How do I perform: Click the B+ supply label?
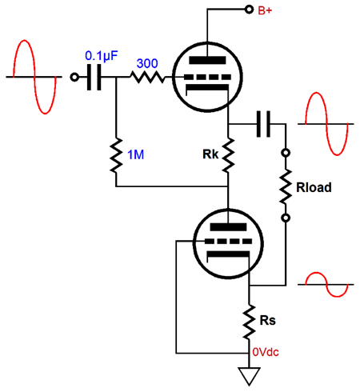265,10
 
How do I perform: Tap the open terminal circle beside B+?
249,10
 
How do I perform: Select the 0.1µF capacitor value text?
101,56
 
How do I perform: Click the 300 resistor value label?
147,63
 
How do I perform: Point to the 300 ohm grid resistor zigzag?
147,77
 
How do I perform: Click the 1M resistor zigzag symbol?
116,155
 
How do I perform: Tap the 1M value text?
136,154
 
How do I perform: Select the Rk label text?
210,154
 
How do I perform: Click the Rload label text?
314,187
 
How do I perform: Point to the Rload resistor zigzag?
286,186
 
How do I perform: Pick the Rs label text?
267,320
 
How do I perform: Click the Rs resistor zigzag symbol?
249,322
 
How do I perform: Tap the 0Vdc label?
266,352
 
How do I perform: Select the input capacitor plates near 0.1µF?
94,78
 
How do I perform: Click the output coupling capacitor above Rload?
263,124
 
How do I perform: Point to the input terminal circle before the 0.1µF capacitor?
74,78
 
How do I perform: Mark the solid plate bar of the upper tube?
207,60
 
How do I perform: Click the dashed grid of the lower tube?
228,242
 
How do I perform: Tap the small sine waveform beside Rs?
326,285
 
